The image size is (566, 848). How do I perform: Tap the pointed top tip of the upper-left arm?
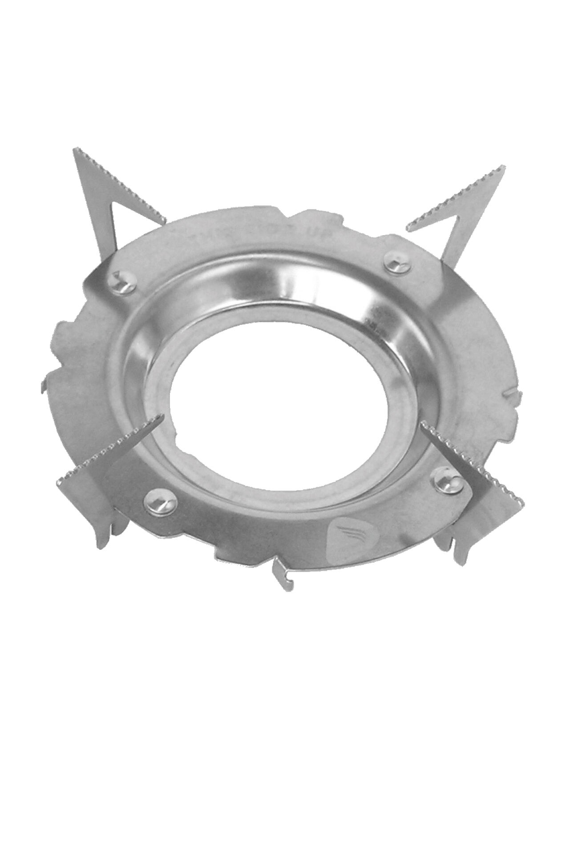coord(74,152)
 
